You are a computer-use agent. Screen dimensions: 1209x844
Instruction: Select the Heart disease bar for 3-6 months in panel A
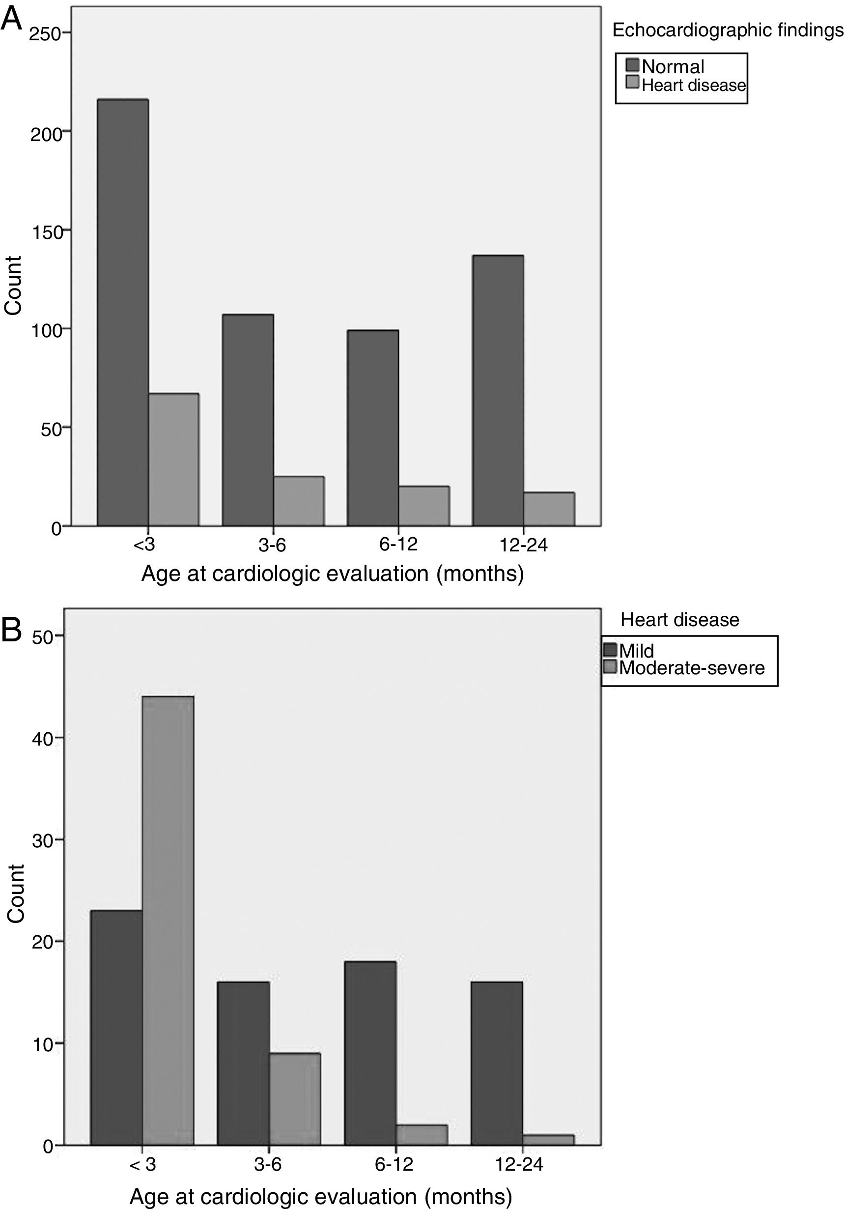[299, 501]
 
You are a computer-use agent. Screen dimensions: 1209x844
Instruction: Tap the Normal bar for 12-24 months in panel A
[498, 390]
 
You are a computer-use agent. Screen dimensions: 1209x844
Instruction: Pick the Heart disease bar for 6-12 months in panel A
[424, 506]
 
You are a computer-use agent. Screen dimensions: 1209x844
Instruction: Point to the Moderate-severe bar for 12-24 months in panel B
[548, 1140]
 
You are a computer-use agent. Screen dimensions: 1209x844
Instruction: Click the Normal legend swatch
[632, 65]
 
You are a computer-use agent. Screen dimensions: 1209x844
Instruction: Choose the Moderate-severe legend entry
[691, 668]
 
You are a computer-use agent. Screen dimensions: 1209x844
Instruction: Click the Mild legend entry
[636, 650]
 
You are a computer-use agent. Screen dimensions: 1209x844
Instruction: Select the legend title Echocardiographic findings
[728, 30]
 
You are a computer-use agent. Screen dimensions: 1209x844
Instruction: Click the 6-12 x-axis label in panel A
[398, 544]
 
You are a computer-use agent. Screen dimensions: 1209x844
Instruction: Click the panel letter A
[12, 20]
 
